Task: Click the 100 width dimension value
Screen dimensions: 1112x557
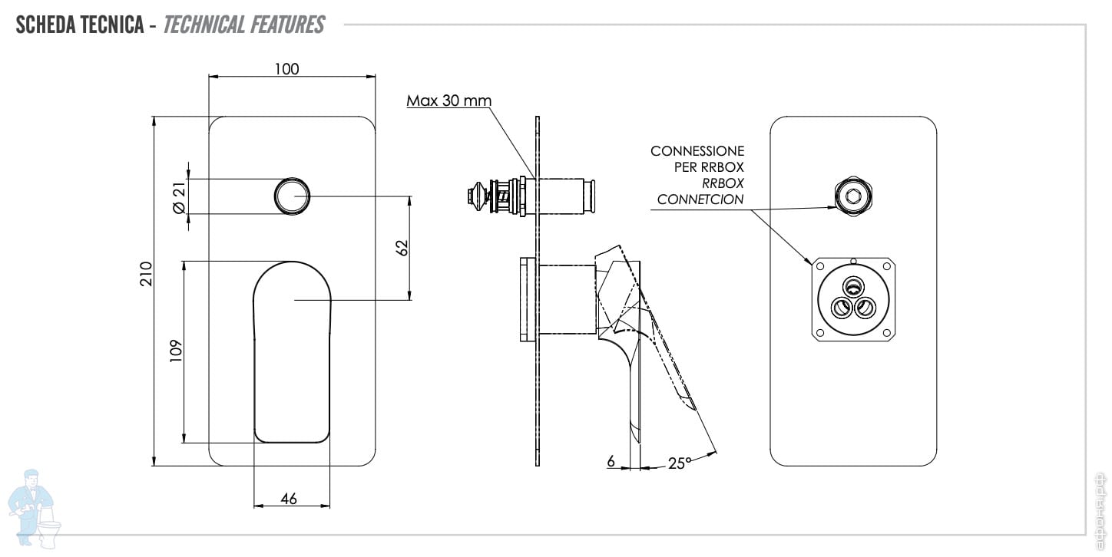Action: pos(287,69)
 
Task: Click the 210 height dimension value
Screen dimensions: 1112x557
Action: pos(146,274)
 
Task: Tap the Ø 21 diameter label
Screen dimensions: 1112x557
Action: pos(179,197)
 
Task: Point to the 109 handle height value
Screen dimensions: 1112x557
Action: pos(176,351)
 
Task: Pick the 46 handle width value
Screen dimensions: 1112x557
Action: pos(289,499)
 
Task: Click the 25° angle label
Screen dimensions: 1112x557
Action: pos(679,463)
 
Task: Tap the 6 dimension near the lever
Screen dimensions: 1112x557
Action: pos(611,461)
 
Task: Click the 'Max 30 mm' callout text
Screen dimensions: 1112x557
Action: pos(448,101)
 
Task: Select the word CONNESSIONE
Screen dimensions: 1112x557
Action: pos(697,151)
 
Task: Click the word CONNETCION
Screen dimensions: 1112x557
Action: pos(700,199)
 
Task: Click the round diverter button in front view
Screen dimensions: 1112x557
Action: pos(292,196)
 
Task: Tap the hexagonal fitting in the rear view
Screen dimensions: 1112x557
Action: pos(853,196)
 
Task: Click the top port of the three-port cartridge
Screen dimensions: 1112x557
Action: pos(853,286)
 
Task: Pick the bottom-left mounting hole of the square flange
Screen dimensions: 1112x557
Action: pos(819,333)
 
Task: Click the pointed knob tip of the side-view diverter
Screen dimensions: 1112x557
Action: pos(469,196)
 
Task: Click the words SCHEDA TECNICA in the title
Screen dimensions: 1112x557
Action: pos(79,25)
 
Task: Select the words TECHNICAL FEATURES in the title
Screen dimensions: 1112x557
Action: pos(243,25)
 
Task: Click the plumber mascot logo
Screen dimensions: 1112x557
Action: pos(34,509)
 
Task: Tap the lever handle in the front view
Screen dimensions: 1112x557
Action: pos(291,351)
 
